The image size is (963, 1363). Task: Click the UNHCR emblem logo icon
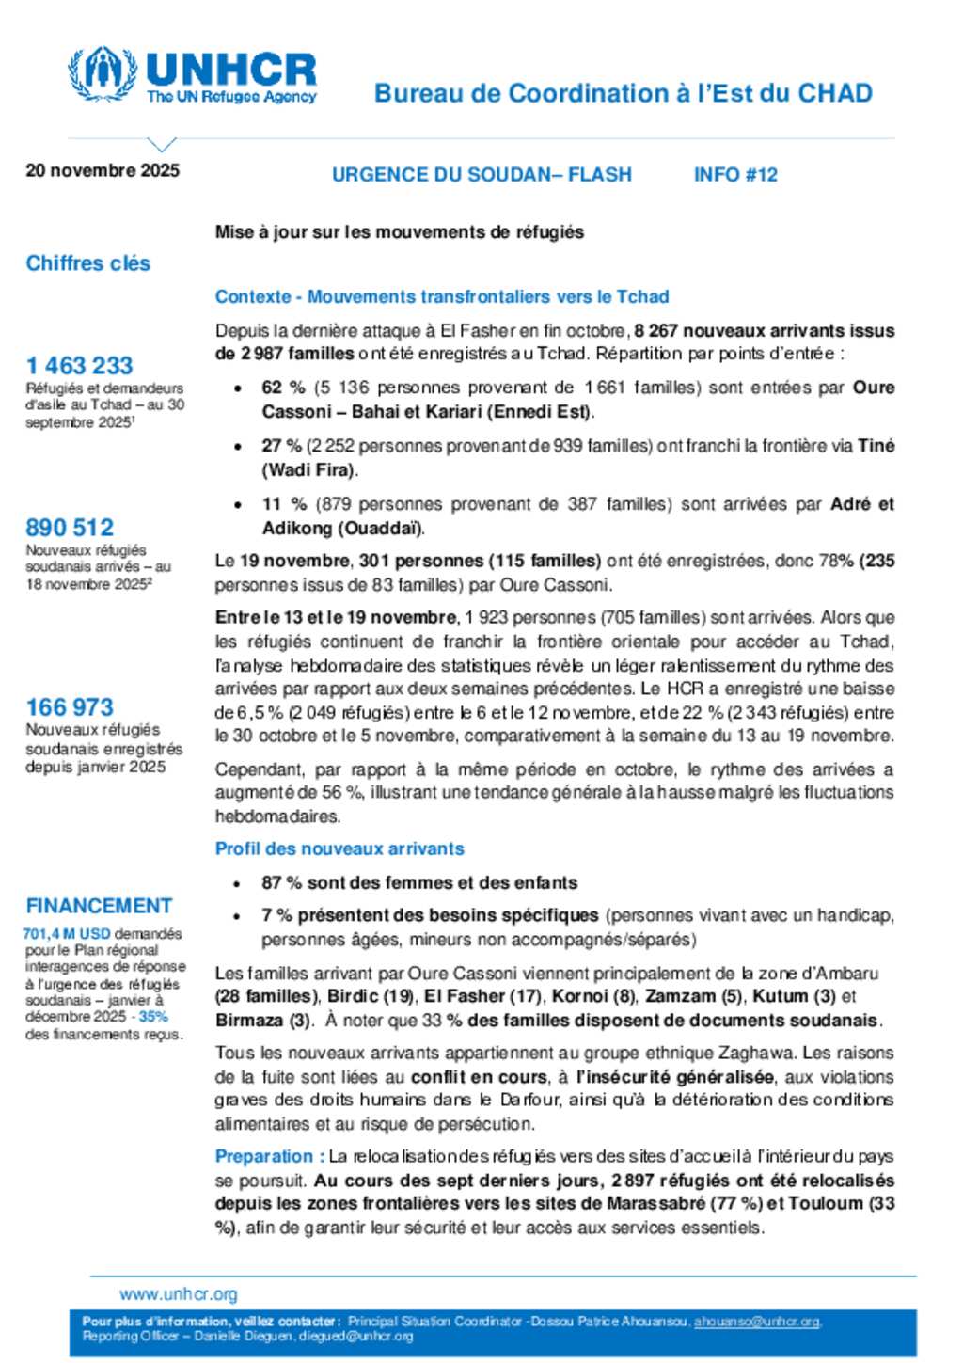coord(102,73)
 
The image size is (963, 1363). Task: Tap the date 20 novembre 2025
coord(103,170)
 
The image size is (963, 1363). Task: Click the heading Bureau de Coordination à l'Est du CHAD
coord(623,93)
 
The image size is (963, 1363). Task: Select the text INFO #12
coord(735,175)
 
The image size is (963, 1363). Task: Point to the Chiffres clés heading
coord(88,263)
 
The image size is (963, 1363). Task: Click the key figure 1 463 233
coord(80,365)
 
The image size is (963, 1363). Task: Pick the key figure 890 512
coord(70,527)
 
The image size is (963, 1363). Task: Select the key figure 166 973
coord(70,706)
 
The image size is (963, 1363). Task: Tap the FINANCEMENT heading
coord(99,906)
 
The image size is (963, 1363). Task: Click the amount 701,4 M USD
coord(67,934)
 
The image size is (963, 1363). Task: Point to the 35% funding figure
coord(153,1017)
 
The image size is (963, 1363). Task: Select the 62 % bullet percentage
coord(283,388)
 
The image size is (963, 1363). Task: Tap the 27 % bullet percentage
coord(281,446)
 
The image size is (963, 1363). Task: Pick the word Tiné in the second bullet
coord(876,446)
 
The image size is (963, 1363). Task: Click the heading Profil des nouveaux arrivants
coord(339,848)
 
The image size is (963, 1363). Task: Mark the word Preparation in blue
coord(264,1156)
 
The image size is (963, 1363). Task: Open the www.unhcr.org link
coord(179,1294)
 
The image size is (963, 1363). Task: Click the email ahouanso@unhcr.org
coord(756,1322)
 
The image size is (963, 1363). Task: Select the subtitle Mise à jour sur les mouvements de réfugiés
coord(400,232)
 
